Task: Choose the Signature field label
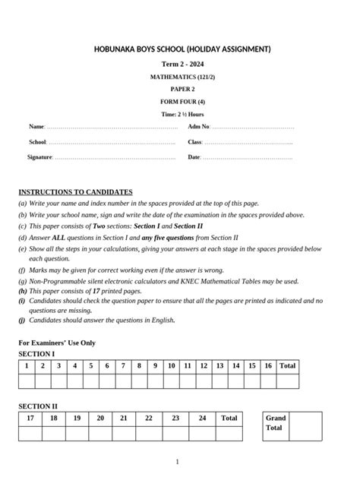[39, 157]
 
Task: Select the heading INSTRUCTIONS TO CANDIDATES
[75, 192]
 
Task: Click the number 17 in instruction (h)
[96, 291]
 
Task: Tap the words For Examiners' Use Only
[57, 343]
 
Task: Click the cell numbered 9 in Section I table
[155, 366]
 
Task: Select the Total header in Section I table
[287, 366]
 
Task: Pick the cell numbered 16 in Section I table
[268, 366]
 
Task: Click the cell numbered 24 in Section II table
[202, 418]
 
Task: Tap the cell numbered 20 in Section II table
[100, 418]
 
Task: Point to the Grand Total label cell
[275, 423]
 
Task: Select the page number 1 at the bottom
[178, 462]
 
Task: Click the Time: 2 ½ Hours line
[182, 114]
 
